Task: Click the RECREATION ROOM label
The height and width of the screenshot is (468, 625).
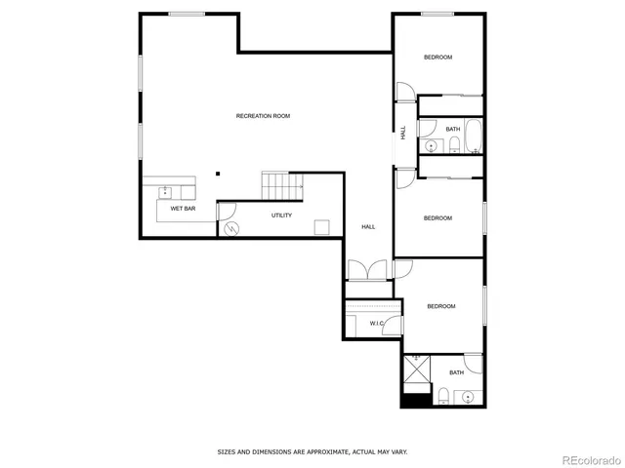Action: coord(263,116)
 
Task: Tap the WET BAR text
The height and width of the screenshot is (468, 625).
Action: coord(183,209)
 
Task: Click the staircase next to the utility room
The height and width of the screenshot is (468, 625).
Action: coord(280,184)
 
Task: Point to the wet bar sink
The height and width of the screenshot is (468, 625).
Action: coord(165,189)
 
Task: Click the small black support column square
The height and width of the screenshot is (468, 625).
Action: coord(218,175)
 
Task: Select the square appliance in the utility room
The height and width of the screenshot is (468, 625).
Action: coord(321,228)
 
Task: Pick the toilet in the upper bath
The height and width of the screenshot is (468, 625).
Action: coord(454,146)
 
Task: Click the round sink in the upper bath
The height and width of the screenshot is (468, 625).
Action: coord(430,145)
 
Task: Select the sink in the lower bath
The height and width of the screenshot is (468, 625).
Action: coord(467,397)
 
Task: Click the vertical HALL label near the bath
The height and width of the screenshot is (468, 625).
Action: coord(402,133)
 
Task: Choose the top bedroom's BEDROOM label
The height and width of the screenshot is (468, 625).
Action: coord(437,58)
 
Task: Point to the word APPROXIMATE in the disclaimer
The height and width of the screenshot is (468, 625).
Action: coord(324,451)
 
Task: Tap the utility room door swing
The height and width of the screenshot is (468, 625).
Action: coord(227,210)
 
